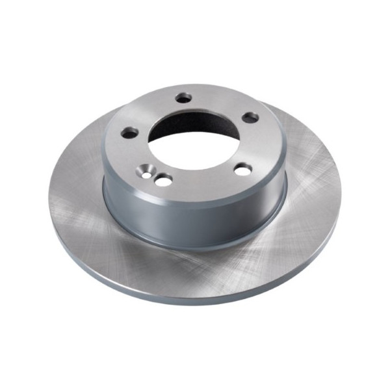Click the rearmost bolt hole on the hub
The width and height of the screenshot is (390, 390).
pyautogui.click(x=185, y=97)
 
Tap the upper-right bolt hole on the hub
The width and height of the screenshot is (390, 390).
pyautogui.click(x=250, y=118)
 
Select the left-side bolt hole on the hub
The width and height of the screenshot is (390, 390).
pyautogui.click(x=131, y=132)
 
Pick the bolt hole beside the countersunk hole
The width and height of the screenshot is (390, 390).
pyautogui.click(x=163, y=179)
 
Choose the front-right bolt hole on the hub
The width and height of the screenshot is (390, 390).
pyautogui.click(x=242, y=170)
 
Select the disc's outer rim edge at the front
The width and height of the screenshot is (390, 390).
pyautogui.click(x=195, y=300)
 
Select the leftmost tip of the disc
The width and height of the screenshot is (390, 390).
pyautogui.click(x=48, y=195)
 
